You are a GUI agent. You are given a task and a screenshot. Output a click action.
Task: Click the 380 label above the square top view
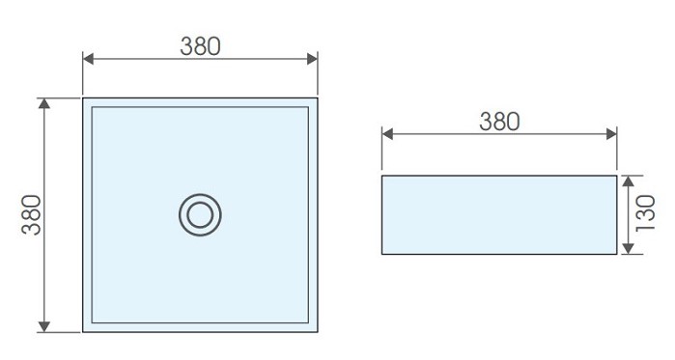coord(200,46)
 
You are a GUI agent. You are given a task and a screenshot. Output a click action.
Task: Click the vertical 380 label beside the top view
coord(32,214)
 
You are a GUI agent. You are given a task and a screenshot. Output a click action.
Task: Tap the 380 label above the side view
coord(499,122)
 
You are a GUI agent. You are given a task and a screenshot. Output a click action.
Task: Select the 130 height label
coord(646,213)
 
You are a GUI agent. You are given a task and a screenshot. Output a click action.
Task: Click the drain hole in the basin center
coord(200,214)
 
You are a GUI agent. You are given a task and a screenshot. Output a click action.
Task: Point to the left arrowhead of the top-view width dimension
coord(88,59)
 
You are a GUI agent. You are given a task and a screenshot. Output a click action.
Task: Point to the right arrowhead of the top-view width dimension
coord(312,59)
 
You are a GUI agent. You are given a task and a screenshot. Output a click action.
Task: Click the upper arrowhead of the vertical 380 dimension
coord(43,103)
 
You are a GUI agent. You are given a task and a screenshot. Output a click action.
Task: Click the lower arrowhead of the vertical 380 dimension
coord(43,326)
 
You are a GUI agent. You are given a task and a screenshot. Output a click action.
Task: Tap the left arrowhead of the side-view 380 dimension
coord(387,134)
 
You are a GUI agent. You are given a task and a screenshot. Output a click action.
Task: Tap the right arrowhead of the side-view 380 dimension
coord(611,134)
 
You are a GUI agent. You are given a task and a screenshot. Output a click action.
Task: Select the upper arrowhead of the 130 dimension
coord(628,180)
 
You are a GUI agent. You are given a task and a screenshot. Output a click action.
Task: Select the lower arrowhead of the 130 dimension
coord(628,249)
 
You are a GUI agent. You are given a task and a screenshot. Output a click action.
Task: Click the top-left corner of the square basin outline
coord(83,98)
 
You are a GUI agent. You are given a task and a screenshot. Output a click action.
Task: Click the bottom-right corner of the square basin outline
coord(318,332)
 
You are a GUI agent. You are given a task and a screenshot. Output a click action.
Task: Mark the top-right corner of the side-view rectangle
coord(616,176)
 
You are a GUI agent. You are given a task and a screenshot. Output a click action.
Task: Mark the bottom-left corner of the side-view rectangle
coord(382,254)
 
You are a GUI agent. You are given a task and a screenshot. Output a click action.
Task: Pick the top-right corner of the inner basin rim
coord(308,107)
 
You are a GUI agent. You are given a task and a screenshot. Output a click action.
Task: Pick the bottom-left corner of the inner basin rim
coord(92,322)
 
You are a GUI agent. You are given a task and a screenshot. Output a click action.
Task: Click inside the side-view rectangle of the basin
coord(499,214)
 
